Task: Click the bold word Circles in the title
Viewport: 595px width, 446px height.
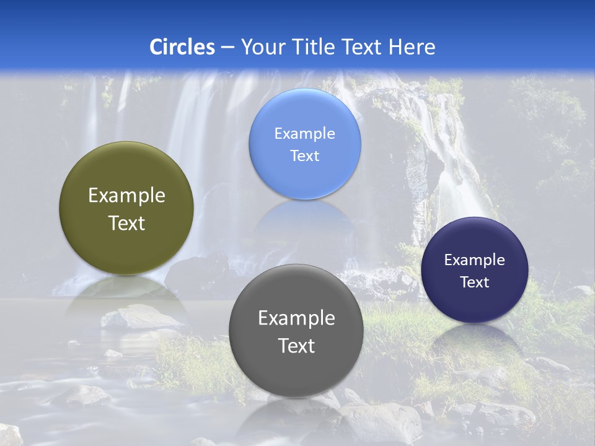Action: click(x=182, y=47)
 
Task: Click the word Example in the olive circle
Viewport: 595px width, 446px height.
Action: click(x=126, y=196)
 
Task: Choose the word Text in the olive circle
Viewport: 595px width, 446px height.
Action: click(x=126, y=223)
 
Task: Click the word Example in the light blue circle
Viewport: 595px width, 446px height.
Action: click(x=304, y=134)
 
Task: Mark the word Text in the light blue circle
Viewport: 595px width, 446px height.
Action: click(x=304, y=156)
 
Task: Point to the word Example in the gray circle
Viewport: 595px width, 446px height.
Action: click(x=296, y=318)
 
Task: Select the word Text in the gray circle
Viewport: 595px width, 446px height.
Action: click(x=296, y=346)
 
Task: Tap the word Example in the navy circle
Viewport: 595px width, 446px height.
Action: click(x=474, y=260)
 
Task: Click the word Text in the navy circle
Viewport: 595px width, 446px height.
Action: click(x=474, y=282)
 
